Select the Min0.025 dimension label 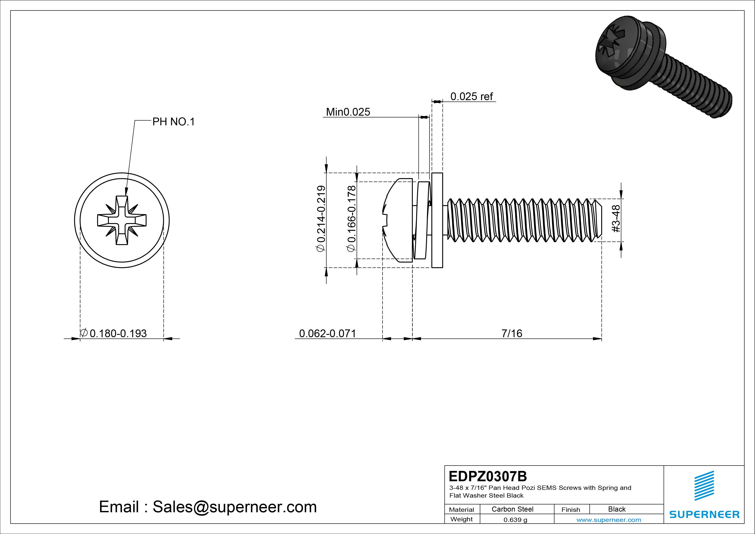click(348, 112)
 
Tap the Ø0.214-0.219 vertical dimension click(321, 219)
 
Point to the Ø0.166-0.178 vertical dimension click(351, 219)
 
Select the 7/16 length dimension click(512, 333)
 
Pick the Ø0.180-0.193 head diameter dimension click(113, 333)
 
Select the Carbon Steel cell click(512, 509)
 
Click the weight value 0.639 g click(515, 520)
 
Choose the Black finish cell click(617, 509)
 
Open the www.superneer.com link click(608, 520)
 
